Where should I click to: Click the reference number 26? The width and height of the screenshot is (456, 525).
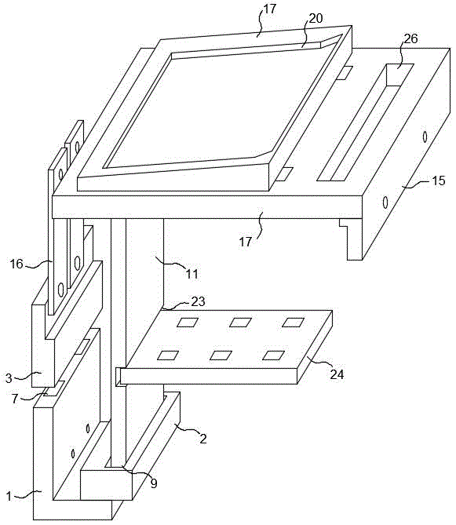410,38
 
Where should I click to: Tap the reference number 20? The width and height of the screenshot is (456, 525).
316,18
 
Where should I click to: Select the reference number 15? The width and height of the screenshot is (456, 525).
438,180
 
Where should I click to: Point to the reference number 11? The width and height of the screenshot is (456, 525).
192,274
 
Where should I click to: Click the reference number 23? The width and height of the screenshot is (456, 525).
198,301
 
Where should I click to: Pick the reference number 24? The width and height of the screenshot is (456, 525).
337,374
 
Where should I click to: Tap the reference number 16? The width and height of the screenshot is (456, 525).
16,264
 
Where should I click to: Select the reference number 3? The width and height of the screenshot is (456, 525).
9,378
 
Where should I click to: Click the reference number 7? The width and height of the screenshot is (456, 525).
14,399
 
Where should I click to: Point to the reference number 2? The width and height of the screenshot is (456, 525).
203,438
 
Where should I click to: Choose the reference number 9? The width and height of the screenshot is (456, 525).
154,483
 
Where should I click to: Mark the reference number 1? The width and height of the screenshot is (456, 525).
9,496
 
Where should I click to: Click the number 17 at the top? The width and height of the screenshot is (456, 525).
269,9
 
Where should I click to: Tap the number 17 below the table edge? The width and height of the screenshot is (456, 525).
246,242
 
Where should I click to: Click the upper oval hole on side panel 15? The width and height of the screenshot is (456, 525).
425,137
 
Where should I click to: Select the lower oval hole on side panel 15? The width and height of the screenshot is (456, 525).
385,202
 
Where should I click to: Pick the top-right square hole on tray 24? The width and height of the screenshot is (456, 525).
293,322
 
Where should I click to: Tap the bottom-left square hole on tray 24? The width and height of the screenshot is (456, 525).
168,355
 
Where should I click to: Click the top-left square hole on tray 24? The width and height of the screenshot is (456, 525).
188,322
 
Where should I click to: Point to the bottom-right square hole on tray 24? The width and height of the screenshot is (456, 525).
274,355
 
